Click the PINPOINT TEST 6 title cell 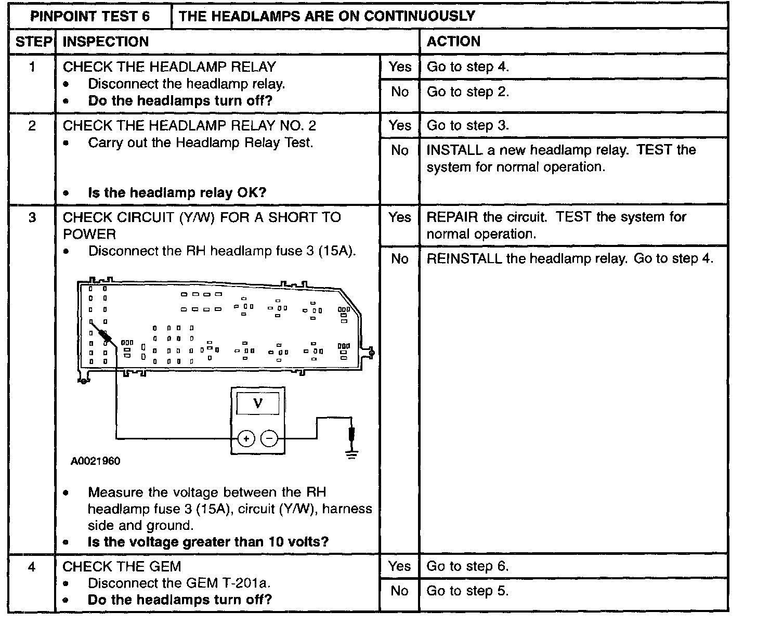pos(90,16)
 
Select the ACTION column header pos(453,42)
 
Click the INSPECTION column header pos(106,42)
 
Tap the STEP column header pos(32,42)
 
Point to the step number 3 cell pos(32,217)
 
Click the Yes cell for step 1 pos(399,67)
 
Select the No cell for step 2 pos(399,150)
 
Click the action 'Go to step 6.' pos(467,566)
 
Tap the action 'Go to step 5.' pos(467,591)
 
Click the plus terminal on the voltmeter pos(246,439)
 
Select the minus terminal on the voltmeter pos(269,439)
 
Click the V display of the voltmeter pos(258,403)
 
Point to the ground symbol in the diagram pos(352,455)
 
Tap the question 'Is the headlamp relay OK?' pos(177,193)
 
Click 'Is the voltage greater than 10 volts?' pos(208,542)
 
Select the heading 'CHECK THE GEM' pos(122,566)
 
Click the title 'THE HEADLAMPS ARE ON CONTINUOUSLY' pos(327,16)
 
